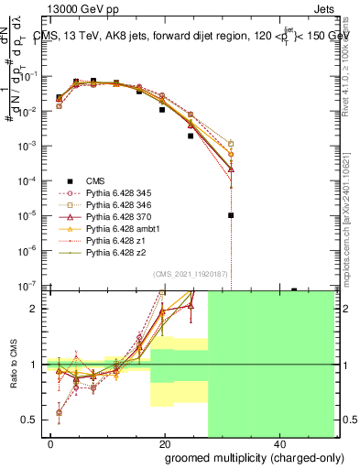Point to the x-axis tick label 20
click(x=165, y=444)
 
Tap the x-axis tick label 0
click(x=51, y=444)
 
